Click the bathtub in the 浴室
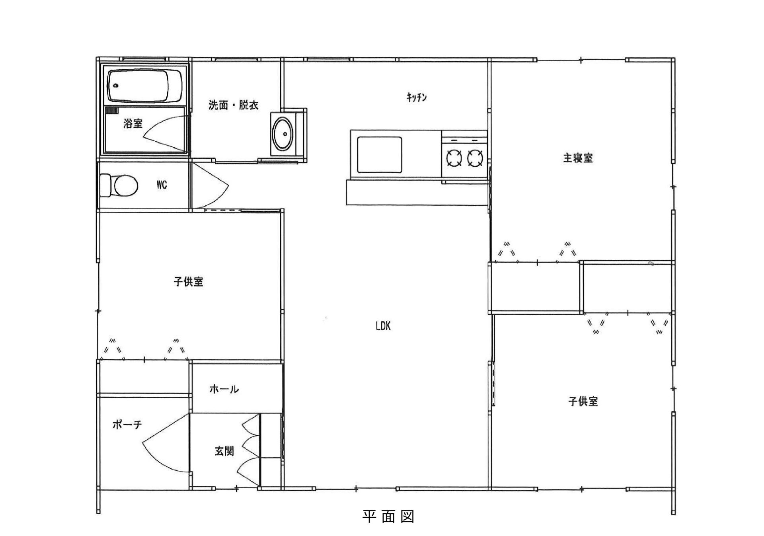pyautogui.click(x=145, y=86)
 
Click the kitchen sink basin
pyautogui.click(x=379, y=155)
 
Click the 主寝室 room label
pyautogui.click(x=578, y=158)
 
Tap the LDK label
pyautogui.click(x=383, y=326)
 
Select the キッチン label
pyautogui.click(x=417, y=97)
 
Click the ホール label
pyautogui.click(x=224, y=389)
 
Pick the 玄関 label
pyautogui.click(x=224, y=451)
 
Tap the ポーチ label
pyautogui.click(x=127, y=425)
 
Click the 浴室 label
pyautogui.click(x=133, y=123)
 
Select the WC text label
pyautogui.click(x=162, y=185)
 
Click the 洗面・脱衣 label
pyautogui.click(x=234, y=105)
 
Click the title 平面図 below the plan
pyautogui.click(x=388, y=517)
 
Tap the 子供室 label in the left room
pyautogui.click(x=189, y=282)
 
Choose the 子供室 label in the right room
pyautogui.click(x=583, y=401)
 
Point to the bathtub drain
pyautogui.click(x=116, y=86)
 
